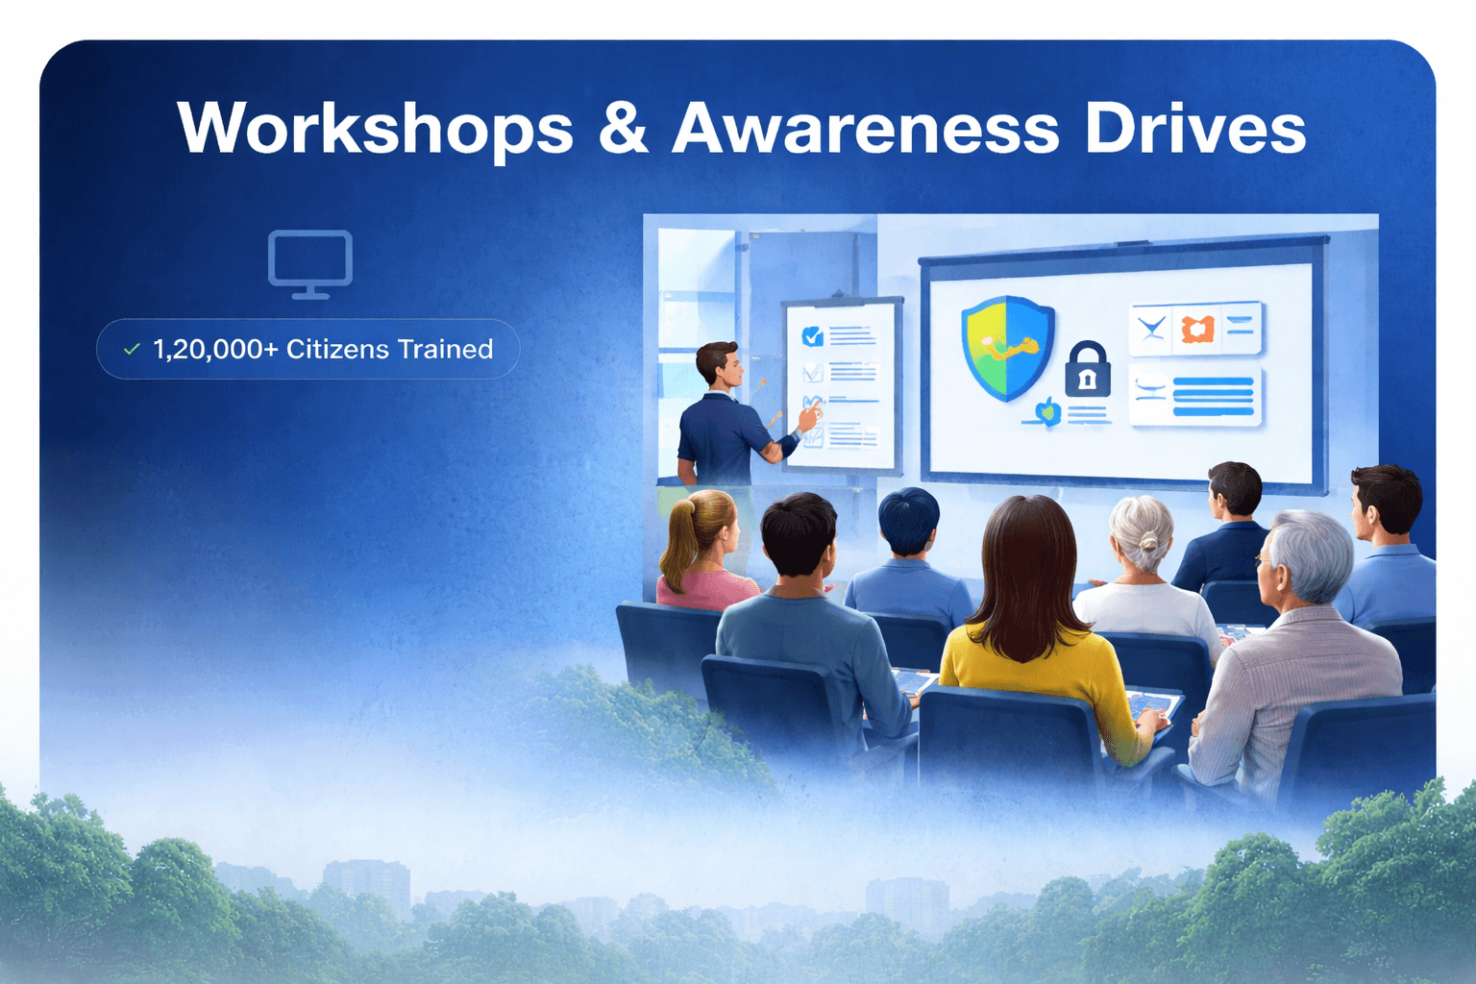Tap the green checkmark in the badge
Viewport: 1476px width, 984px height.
tap(132, 350)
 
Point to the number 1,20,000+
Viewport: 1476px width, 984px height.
tap(215, 349)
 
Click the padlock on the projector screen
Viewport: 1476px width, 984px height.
tap(1087, 370)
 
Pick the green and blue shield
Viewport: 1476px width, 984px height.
tap(1007, 347)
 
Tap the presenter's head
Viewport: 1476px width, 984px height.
tap(719, 364)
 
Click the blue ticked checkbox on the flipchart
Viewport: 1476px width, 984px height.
tap(812, 335)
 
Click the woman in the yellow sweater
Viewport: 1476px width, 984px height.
tap(1033, 634)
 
